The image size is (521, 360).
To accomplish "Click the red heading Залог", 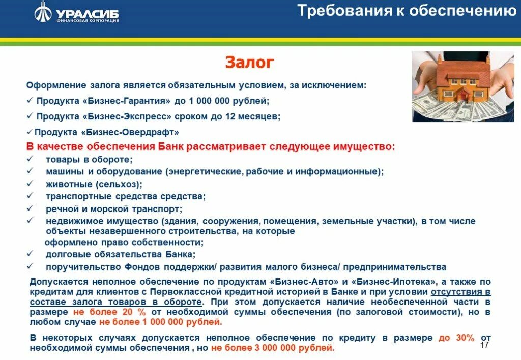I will pyautogui.click(x=249, y=63).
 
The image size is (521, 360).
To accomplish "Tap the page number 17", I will pyautogui.click(x=484, y=345).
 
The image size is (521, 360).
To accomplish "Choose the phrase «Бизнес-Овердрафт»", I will pyautogui.click(x=130, y=132).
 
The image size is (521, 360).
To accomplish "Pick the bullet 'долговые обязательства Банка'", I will pyautogui.click(x=120, y=254).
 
